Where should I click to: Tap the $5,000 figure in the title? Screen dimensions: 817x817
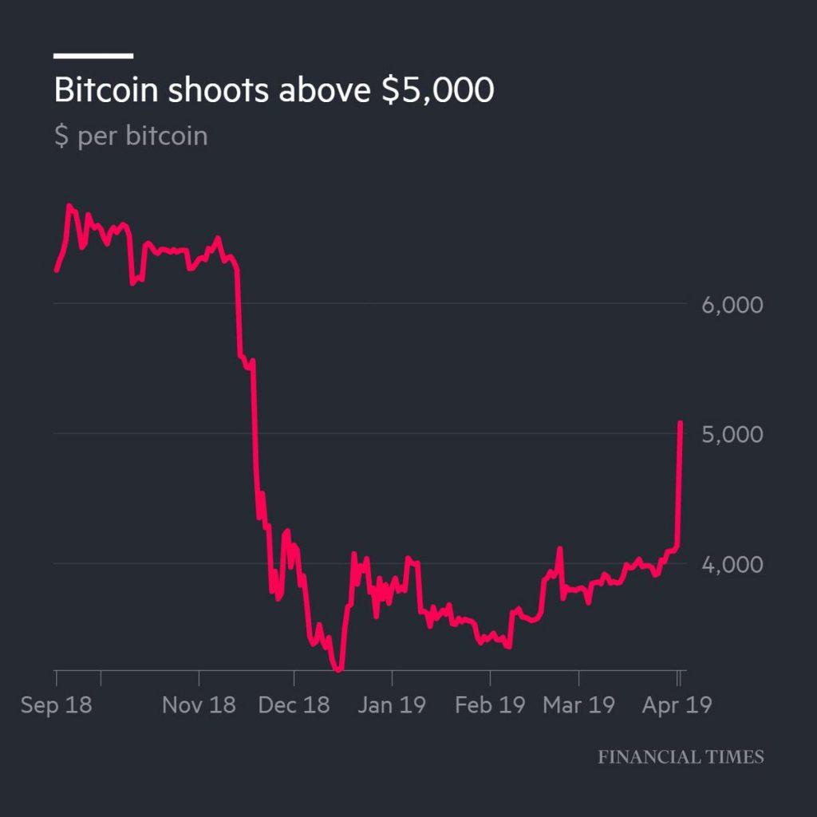pos(437,91)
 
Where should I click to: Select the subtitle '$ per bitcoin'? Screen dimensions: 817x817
pos(131,136)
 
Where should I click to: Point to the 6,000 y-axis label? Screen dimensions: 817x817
pos(733,305)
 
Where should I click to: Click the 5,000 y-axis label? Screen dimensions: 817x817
pos(733,435)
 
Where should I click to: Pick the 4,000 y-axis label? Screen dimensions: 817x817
pos(733,565)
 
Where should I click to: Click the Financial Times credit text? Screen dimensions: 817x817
pos(681,757)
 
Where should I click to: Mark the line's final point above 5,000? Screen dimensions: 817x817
pos(681,423)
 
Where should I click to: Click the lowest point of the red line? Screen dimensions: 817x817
pos(339,669)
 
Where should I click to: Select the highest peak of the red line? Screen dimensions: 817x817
pos(69,206)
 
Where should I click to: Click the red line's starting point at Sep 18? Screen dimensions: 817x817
pos(56,270)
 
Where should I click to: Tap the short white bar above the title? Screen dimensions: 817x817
pos(93,56)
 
